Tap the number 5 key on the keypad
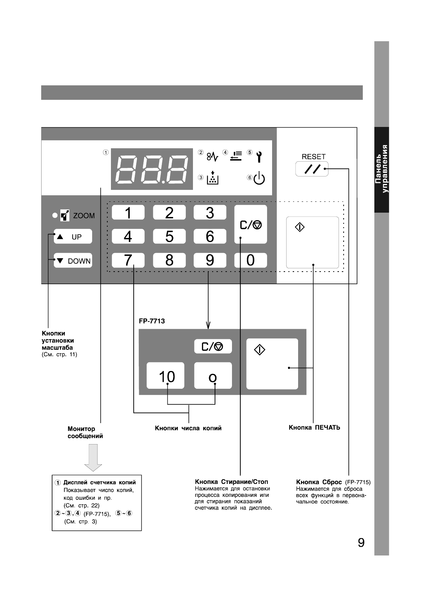click(x=169, y=237)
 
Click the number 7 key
click(x=128, y=260)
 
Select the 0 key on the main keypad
click(x=250, y=260)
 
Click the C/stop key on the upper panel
click(x=250, y=225)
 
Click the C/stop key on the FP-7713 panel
click(x=212, y=346)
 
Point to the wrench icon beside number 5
click(x=259, y=157)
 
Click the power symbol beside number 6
click(x=259, y=179)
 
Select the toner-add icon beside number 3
click(x=213, y=178)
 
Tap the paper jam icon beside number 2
click(x=212, y=157)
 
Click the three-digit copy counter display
click(x=152, y=169)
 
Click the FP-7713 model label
click(x=152, y=321)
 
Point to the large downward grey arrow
click(x=93, y=457)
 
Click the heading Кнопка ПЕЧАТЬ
click(x=314, y=427)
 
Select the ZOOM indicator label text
click(x=84, y=216)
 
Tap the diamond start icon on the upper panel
click(x=300, y=227)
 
